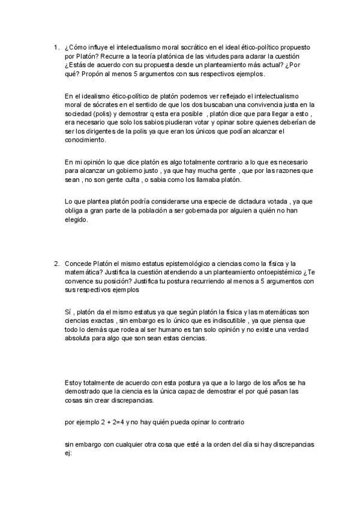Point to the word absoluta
[78, 339]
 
